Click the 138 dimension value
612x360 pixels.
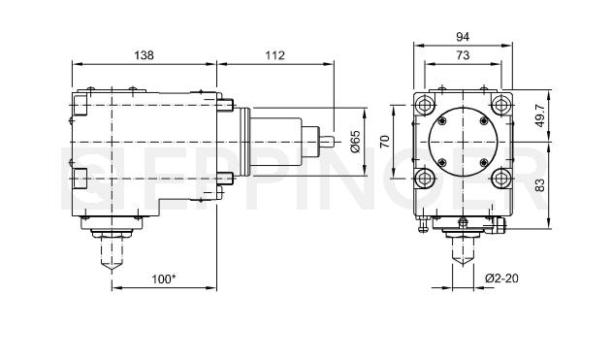(x=144, y=55)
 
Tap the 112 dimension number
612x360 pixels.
(x=275, y=55)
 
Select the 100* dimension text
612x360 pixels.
(x=164, y=278)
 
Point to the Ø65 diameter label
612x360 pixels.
(x=355, y=142)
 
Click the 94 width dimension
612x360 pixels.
(x=463, y=37)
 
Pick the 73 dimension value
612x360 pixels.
(x=463, y=55)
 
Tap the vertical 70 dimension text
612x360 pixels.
(x=385, y=141)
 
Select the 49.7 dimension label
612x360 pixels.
(x=540, y=115)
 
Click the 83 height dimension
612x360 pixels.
(x=540, y=185)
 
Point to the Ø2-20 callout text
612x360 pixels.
(x=501, y=278)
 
